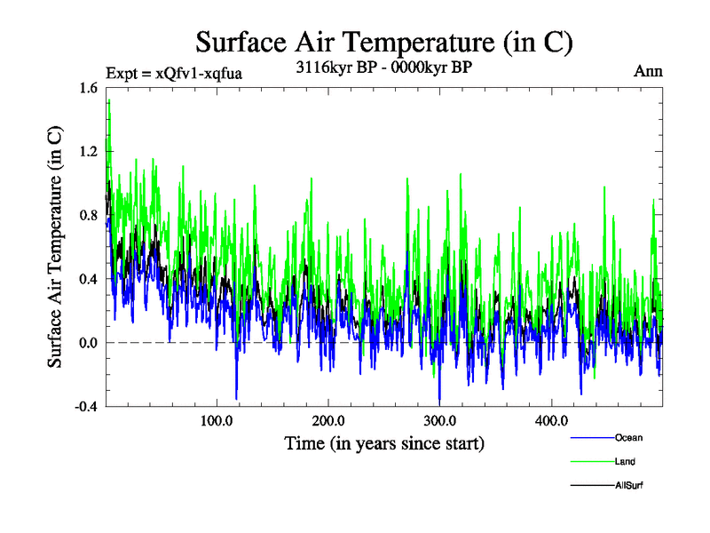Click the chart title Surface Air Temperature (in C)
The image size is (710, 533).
tap(384, 42)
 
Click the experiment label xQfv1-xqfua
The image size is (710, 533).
tap(173, 73)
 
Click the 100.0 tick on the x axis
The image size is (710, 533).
tap(217, 420)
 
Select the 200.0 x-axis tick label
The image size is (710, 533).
tap(329, 420)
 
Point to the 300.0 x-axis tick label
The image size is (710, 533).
tap(440, 420)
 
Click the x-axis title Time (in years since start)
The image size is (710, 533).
tap(384, 442)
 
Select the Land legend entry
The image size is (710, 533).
tap(624, 461)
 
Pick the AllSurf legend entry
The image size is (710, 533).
tap(627, 485)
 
